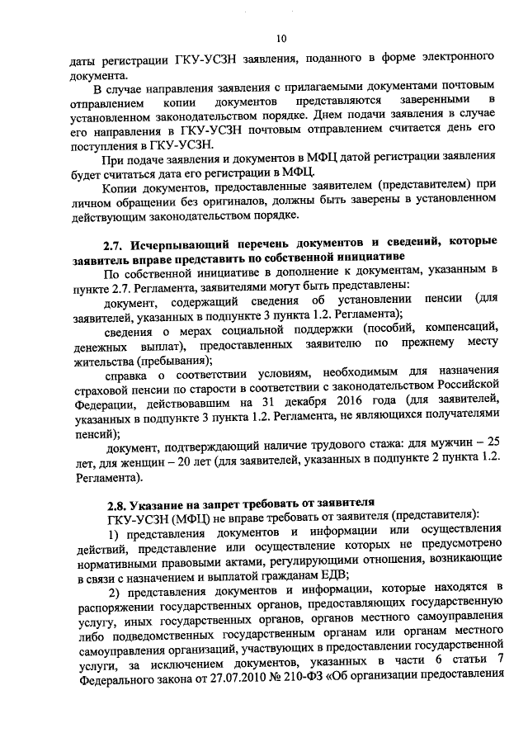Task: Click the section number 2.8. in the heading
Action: coord(116,502)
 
